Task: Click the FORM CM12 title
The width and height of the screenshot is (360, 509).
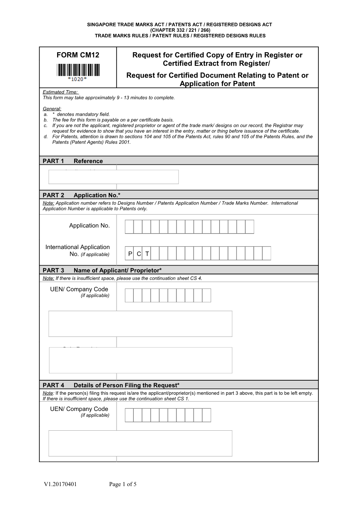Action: (x=78, y=55)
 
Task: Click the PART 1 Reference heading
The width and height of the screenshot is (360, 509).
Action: (x=73, y=161)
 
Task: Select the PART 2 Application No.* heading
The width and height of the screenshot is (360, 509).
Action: (x=82, y=195)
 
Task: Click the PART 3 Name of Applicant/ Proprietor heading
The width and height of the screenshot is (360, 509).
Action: (x=102, y=270)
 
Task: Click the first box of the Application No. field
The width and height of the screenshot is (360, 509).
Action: (x=130, y=227)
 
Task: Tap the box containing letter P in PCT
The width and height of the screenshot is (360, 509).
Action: (x=130, y=254)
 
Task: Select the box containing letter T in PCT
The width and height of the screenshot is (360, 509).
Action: (x=147, y=254)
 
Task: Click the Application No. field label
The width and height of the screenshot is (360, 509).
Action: (x=89, y=225)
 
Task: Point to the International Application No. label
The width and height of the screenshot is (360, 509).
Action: (x=78, y=250)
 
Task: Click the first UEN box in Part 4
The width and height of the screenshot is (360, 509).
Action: (x=130, y=415)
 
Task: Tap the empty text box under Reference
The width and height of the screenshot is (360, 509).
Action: (x=113, y=177)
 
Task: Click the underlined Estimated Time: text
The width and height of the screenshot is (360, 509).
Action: (x=60, y=92)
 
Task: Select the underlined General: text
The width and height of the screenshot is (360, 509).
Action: (x=52, y=109)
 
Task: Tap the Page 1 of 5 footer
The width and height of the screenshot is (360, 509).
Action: (x=123, y=484)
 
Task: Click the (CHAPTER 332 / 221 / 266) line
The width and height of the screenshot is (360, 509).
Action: (x=180, y=30)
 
